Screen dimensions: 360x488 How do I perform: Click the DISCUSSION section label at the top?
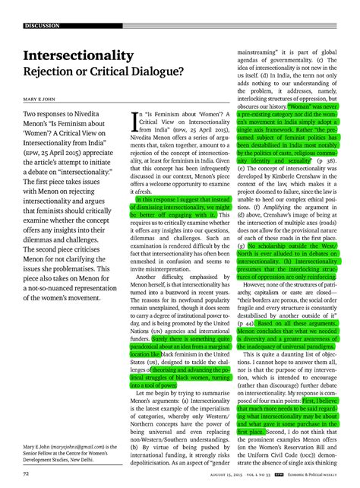(x=42, y=26)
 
